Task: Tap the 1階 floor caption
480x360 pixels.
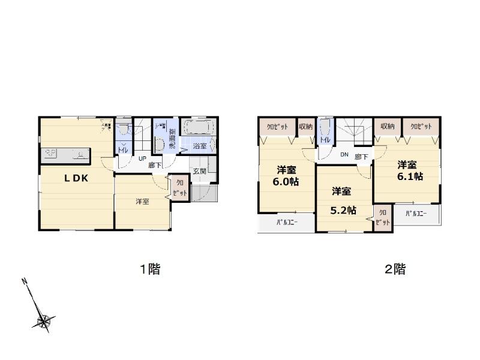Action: coord(150,269)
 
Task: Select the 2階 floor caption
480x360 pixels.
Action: coord(395,269)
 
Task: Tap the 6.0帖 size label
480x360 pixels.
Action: coord(287,182)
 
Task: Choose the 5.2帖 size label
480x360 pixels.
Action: coord(344,210)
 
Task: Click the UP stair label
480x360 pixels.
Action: coord(143,159)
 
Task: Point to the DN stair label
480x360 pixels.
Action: coord(344,154)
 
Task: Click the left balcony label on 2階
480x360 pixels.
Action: coord(287,222)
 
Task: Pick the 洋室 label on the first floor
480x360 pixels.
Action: coord(142,202)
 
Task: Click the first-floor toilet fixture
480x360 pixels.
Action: coord(123,130)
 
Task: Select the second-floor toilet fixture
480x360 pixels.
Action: coord(325,128)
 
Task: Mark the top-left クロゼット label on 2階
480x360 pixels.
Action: coord(277,127)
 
